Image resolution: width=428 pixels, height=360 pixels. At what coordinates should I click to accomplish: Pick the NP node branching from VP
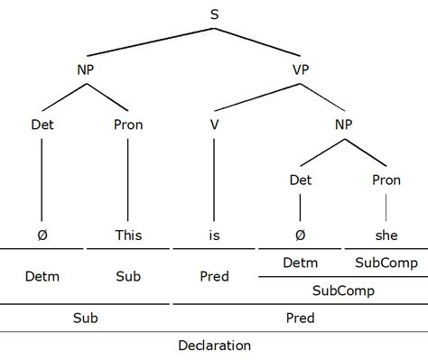click(x=344, y=125)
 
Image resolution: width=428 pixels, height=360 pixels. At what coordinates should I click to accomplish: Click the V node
click(x=214, y=125)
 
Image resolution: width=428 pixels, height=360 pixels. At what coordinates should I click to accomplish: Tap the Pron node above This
click(x=129, y=125)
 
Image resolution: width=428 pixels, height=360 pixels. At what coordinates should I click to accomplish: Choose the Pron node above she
click(x=386, y=180)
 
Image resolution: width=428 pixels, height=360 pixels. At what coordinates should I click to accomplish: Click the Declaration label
click(x=214, y=345)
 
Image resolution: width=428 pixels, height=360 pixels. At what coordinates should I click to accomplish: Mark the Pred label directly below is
click(x=214, y=276)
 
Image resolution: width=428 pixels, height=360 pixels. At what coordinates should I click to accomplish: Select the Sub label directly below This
click(x=129, y=276)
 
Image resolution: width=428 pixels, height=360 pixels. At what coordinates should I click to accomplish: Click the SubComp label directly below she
click(x=386, y=263)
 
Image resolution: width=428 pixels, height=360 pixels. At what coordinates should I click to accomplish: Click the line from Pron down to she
click(x=386, y=207)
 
